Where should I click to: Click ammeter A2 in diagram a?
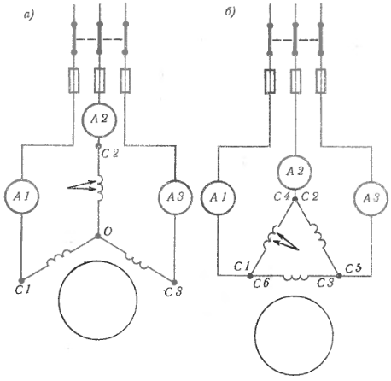point(99,120)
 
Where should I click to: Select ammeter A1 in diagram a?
point(21,196)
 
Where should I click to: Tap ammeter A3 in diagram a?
point(175,197)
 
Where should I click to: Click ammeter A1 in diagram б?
point(218,197)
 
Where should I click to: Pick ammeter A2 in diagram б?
point(295,172)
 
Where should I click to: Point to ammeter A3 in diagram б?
point(371,198)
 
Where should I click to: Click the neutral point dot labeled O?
point(97,236)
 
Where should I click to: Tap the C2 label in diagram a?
point(109,154)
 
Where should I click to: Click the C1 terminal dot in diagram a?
point(20,280)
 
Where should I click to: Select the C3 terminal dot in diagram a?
point(174,282)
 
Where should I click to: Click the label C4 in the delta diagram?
point(282,196)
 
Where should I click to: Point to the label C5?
point(353,268)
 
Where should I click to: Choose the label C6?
point(261,284)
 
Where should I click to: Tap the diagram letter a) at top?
point(29,15)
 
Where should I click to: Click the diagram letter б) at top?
point(230,12)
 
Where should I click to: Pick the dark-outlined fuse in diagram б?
point(270,81)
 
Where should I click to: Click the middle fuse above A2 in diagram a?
point(99,80)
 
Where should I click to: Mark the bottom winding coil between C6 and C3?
point(295,277)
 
